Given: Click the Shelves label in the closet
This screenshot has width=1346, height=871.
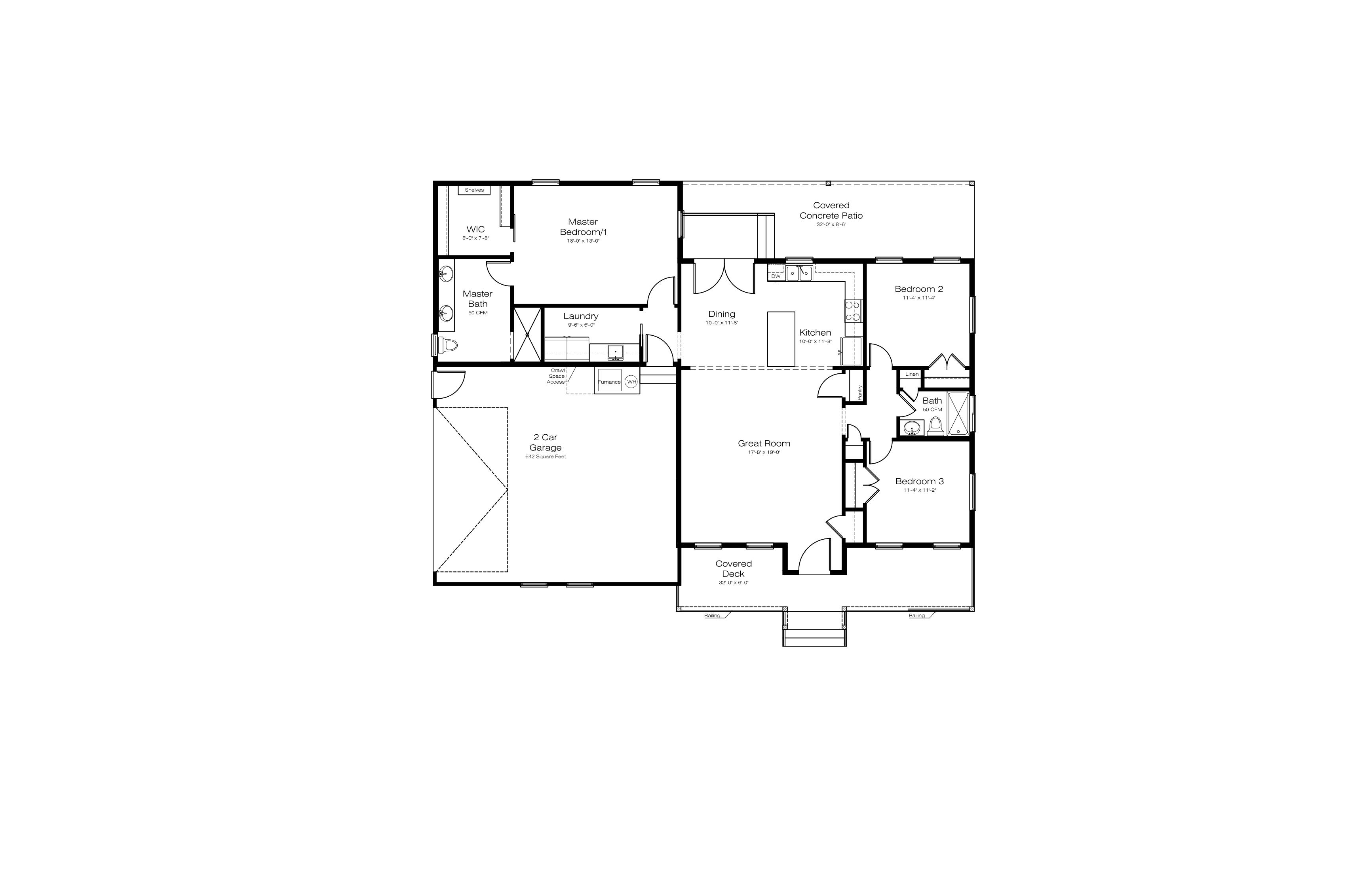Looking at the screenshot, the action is click(x=474, y=190).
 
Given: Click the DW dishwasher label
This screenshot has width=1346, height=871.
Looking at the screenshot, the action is click(x=776, y=276).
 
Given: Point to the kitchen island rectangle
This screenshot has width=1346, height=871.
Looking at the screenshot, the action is click(x=781, y=339).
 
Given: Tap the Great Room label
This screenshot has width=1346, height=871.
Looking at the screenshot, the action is click(x=764, y=443).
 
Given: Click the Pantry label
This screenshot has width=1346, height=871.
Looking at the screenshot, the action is click(x=859, y=392).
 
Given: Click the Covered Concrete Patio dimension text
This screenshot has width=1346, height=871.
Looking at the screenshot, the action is click(x=831, y=224).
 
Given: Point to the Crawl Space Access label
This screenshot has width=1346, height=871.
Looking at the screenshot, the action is click(x=557, y=376).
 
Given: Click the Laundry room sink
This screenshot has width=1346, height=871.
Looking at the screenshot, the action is click(x=615, y=352).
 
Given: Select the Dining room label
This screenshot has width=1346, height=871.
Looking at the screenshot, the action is click(x=722, y=314).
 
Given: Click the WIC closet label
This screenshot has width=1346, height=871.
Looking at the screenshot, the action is click(x=475, y=229).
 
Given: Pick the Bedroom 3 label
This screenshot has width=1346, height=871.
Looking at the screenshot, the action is click(x=920, y=481).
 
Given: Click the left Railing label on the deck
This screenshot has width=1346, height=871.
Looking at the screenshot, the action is click(x=712, y=615).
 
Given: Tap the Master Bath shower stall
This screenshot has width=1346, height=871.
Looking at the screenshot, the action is click(x=527, y=334).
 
